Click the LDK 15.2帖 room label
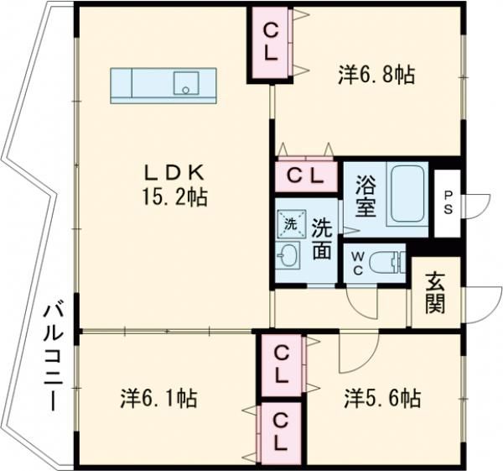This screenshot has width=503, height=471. click(x=175, y=185)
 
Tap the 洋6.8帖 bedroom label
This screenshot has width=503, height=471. click(x=376, y=76)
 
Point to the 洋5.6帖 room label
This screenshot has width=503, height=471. click(x=381, y=397)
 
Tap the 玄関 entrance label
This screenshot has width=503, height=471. click(x=433, y=293)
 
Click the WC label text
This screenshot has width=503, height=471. click(x=357, y=262)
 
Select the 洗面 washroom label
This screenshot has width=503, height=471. click(x=323, y=239)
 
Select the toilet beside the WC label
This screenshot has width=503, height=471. click(x=388, y=261)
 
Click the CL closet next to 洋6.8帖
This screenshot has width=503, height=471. click(x=270, y=41)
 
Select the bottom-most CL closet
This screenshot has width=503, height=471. click(x=280, y=431)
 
